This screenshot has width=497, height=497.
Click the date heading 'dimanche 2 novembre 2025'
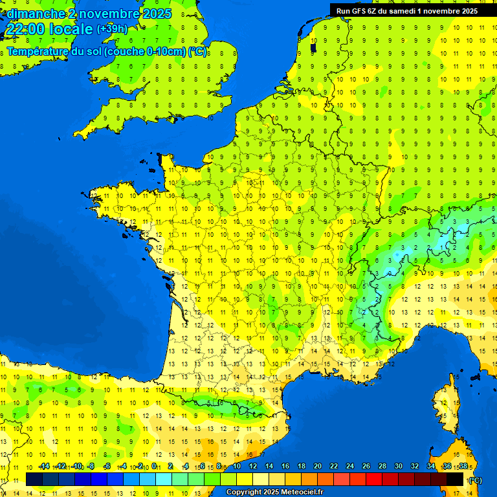pos(89,14)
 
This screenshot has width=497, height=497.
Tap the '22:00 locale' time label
pos(49,29)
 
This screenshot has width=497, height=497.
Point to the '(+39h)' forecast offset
pos(112,29)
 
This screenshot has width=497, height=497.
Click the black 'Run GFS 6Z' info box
pos(407,10)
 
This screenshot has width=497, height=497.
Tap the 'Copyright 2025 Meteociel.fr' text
pos(274,492)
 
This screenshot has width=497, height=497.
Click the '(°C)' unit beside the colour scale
pos(475,480)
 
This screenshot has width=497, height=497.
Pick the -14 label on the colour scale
pos(44,467)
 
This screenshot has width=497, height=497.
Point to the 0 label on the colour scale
pos(155,467)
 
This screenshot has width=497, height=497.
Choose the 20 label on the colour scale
pos(317,467)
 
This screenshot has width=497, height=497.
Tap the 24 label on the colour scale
pos(350,467)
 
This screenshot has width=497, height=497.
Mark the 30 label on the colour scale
pos(398,467)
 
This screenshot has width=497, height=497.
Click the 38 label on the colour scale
pos(463,467)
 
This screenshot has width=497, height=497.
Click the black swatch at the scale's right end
pos(455,479)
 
